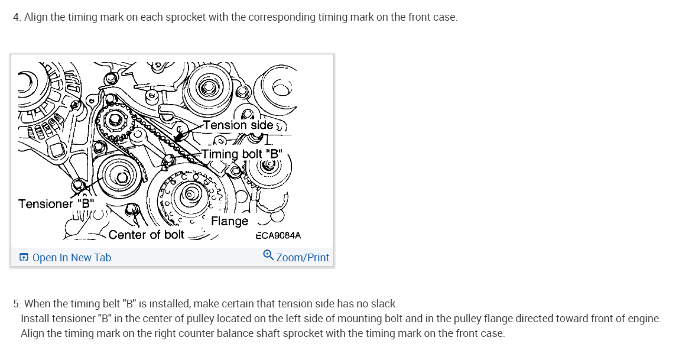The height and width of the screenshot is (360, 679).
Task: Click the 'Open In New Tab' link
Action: (72, 257)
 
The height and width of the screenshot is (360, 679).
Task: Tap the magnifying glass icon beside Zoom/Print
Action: (268, 255)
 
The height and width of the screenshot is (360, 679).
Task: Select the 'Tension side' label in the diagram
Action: (238, 125)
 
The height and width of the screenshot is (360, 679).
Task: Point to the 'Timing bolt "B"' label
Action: (242, 154)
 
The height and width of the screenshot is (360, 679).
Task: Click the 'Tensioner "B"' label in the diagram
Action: (56, 204)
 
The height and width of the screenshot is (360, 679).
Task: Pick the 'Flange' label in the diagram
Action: (229, 221)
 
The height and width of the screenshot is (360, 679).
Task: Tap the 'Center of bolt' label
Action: (147, 235)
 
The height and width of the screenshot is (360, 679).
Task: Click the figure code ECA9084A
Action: (278, 235)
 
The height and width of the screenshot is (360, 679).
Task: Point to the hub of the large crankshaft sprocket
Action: (190, 193)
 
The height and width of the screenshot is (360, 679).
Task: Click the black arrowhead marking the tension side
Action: (177, 137)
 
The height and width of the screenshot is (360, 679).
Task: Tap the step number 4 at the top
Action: (16, 17)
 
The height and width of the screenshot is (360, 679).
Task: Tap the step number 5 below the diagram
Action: (16, 304)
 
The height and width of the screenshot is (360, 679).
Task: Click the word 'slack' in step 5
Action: (384, 304)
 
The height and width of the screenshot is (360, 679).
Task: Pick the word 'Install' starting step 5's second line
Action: (36, 319)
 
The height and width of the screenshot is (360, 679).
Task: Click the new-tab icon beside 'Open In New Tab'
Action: (24, 257)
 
